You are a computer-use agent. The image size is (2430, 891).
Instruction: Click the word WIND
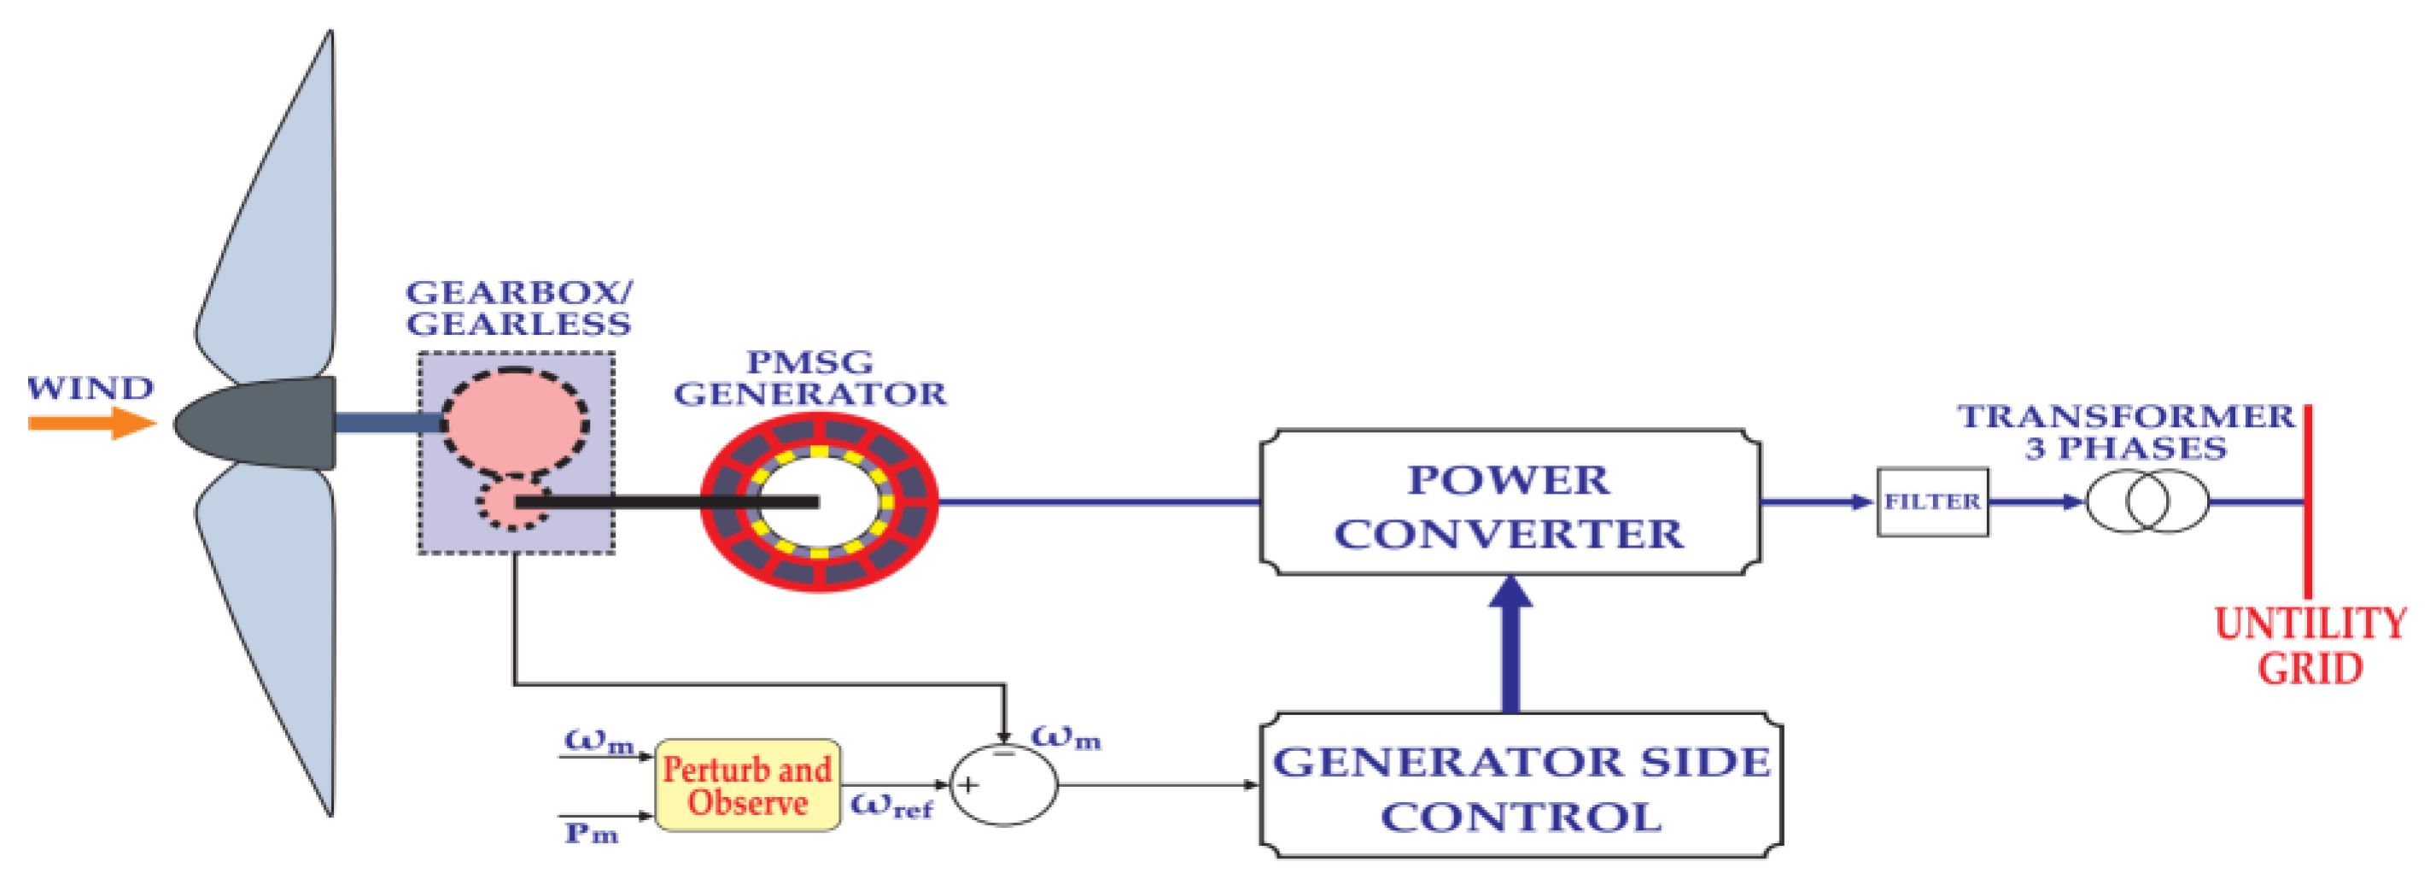coord(90,388)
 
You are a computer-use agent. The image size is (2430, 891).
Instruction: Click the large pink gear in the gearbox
coord(514,423)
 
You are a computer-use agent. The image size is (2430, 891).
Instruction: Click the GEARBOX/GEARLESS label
coord(518,308)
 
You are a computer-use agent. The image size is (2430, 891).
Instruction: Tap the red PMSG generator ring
coord(819,567)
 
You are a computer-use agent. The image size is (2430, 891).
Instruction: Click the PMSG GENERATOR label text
coord(809,378)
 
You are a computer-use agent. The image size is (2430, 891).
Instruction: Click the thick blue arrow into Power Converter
coord(1511,647)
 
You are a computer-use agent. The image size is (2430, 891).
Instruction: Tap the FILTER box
coord(1932,502)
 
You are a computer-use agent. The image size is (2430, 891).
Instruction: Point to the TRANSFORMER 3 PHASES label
coord(2126,431)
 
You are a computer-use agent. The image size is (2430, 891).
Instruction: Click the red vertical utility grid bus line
coord(2307,501)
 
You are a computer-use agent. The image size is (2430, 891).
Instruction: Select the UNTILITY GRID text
coord(2310,647)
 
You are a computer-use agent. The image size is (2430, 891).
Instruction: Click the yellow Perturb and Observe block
coord(747,785)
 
